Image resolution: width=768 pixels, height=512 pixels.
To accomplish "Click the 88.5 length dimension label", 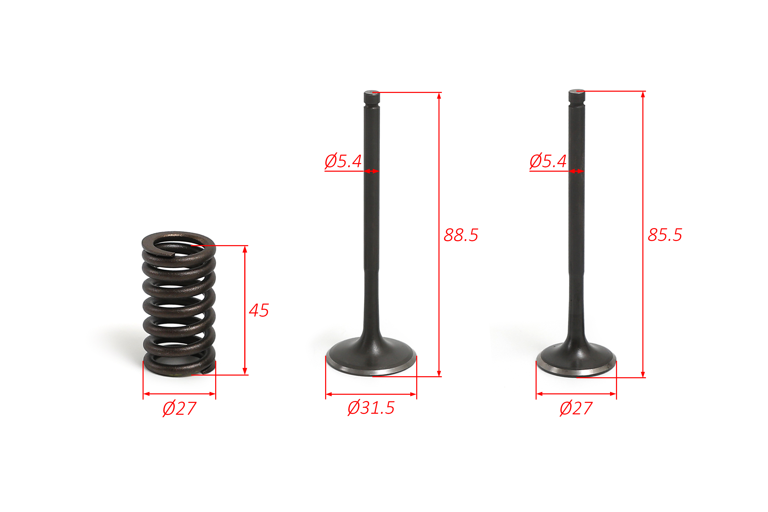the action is pos(461,235).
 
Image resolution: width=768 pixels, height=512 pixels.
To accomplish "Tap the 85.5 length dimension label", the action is pos(665,235).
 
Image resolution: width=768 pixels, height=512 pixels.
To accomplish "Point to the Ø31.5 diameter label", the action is pos(371,408).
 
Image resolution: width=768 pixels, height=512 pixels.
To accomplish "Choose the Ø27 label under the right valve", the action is pos(576,408).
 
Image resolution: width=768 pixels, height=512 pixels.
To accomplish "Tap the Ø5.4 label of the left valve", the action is pos(343,161).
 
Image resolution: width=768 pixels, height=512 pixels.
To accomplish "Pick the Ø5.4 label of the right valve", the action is pos(548,161).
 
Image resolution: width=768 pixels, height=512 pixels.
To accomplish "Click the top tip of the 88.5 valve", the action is pos(372,91).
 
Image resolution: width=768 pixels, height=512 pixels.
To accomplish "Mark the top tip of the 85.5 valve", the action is pos(577,90).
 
